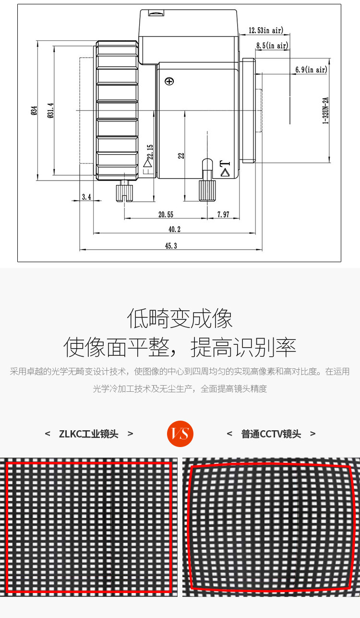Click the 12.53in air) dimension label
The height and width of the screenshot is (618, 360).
(266, 30)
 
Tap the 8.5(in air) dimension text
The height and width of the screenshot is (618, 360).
(272, 45)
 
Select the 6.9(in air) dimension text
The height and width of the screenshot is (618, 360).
(311, 69)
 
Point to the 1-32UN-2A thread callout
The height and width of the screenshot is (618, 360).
(326, 110)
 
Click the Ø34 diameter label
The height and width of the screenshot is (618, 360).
(34, 110)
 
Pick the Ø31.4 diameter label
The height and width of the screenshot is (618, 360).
(50, 110)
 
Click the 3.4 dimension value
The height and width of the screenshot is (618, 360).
(86, 197)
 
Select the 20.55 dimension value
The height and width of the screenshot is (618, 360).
(166, 214)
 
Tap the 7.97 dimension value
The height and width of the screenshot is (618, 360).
(223, 214)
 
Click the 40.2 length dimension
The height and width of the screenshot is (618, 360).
(174, 229)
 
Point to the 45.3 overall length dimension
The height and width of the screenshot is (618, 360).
(171, 245)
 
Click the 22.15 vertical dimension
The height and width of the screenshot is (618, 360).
(150, 152)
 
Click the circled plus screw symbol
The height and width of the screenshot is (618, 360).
(169, 81)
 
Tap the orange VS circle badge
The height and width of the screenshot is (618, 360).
(180, 434)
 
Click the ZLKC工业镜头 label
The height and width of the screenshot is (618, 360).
(88, 434)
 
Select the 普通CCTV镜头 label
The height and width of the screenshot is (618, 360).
(271, 434)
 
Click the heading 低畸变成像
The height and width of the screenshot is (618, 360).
(180, 318)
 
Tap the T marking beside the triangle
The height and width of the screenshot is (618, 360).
(225, 164)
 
